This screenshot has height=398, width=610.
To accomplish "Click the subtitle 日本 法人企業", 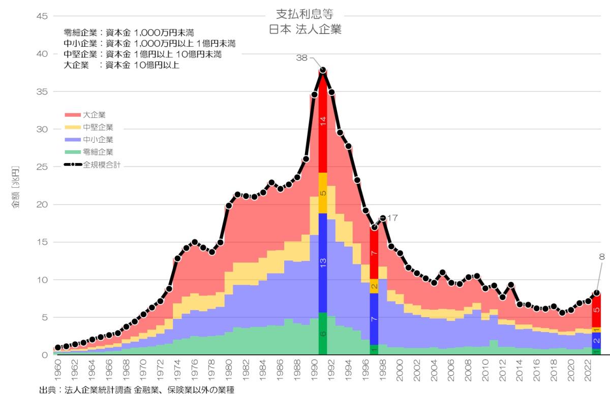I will [304, 29].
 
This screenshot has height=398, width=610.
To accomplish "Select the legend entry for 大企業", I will [94, 115].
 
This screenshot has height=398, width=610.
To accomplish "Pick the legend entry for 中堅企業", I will [97, 127].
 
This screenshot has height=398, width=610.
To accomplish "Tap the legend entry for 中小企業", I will [97, 140].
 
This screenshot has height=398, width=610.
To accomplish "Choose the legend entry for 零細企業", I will [97, 152].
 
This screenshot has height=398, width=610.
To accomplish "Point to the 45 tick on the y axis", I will [42, 16].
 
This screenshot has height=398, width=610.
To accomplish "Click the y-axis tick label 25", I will [42, 167].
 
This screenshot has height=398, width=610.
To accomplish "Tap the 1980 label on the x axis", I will [229, 373].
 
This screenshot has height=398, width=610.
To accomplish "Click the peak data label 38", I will [302, 58].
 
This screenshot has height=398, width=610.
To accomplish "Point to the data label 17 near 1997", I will [391, 218].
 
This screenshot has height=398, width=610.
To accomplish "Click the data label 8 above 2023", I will [602, 257].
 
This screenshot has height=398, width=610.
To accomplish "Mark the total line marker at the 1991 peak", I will [323, 70].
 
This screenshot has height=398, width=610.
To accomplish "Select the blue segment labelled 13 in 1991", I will [323, 262].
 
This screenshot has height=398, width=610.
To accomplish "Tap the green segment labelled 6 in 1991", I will [323, 334].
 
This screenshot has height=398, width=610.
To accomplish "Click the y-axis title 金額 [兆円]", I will [16, 187].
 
